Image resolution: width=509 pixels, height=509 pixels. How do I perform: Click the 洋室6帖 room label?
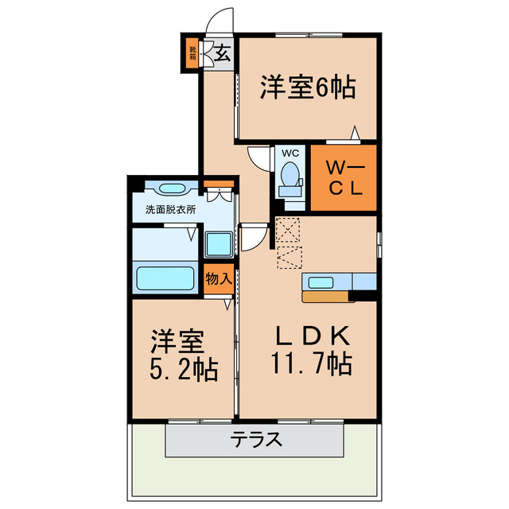pos(307,87)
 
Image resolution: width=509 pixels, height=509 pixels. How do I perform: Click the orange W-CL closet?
pos(343,177)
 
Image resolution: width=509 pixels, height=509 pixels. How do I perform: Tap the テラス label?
pos(256,438)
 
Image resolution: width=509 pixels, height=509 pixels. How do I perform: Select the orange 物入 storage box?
pos(218,278)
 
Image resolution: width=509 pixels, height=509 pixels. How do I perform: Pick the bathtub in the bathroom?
pos(166,278)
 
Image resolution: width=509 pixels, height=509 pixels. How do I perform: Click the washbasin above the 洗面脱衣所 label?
pos(172,188)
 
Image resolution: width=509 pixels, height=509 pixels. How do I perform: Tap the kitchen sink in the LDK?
pos(322,281)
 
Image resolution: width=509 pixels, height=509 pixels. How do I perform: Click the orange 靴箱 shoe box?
pos(192,53)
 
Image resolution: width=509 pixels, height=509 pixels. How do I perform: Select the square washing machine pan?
pos(218,243)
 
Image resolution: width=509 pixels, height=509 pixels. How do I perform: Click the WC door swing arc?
pos(258,157)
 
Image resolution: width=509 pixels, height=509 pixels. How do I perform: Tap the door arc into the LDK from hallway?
pos(254,236)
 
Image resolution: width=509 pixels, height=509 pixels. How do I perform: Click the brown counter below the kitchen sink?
pos(328,297)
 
